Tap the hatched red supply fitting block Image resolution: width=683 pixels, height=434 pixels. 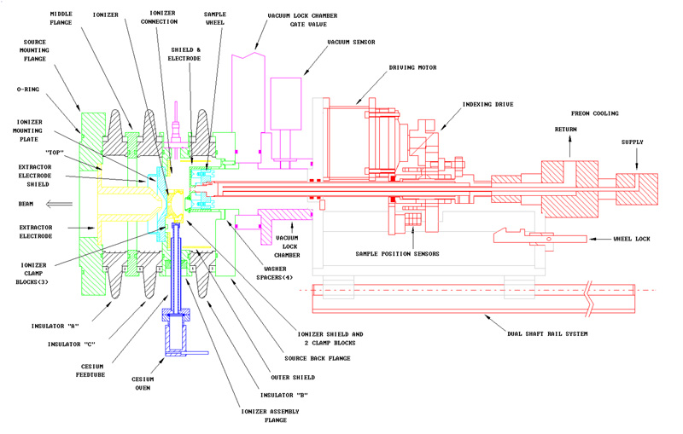635,186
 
